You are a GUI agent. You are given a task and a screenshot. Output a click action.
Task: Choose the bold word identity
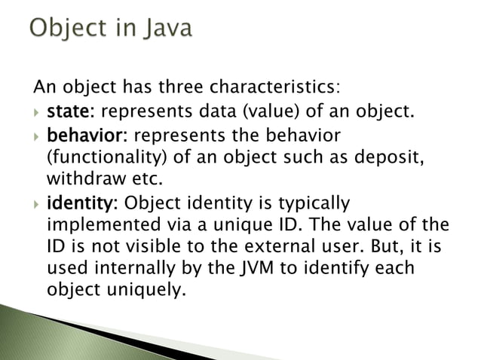point(81,204)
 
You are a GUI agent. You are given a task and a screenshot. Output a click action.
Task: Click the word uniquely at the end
point(143,290)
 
